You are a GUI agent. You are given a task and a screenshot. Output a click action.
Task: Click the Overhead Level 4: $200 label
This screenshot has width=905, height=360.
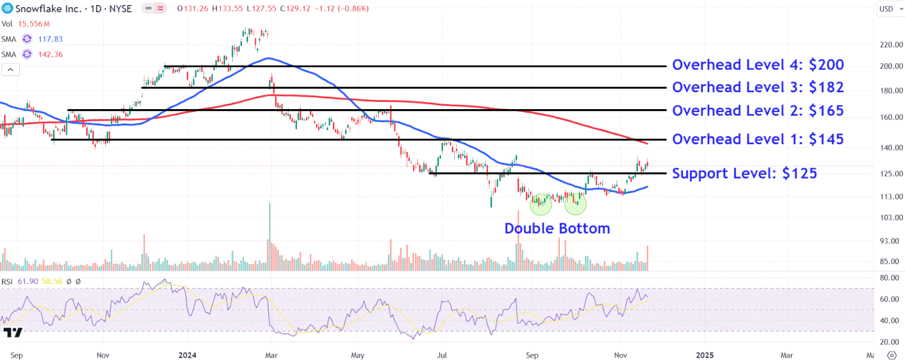[758, 65]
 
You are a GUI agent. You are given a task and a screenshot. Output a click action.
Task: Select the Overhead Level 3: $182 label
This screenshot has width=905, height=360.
[758, 87]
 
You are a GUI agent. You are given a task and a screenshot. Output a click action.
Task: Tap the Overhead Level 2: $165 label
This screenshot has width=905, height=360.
[758, 110]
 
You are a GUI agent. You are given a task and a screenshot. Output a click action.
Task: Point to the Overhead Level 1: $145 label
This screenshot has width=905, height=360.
[758, 139]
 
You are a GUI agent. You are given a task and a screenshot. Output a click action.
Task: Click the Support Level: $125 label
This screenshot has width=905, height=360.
[745, 174]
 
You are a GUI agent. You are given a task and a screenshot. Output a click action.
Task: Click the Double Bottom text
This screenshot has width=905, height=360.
[557, 229]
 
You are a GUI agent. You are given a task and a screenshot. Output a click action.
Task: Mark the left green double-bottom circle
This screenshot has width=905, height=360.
[541, 204]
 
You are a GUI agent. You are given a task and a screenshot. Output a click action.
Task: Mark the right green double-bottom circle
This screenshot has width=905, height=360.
[576, 204]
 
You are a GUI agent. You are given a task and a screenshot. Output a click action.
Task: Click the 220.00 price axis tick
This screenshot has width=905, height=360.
[890, 45]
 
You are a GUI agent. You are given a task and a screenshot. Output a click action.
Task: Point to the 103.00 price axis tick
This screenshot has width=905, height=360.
[890, 217]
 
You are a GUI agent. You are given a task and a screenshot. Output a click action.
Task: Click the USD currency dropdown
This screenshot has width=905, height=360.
[889, 9]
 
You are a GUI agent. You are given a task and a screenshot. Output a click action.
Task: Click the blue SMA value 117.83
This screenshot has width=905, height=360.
[50, 39]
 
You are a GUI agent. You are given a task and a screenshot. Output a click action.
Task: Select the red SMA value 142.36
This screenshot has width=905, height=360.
[50, 54]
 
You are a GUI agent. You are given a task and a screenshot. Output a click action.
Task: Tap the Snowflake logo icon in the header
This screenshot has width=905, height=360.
[7, 8]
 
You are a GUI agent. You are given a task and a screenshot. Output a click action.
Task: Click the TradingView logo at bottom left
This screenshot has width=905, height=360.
[13, 332]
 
